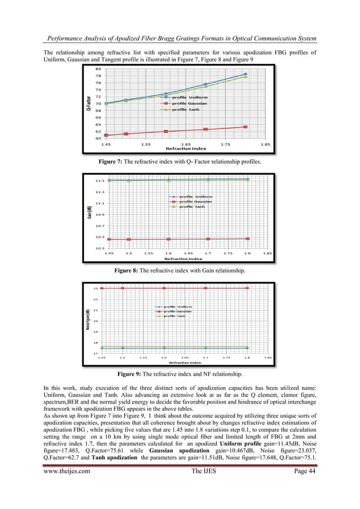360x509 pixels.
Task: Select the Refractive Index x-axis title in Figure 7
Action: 186,148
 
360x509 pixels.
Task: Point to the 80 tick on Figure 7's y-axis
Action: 98,69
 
